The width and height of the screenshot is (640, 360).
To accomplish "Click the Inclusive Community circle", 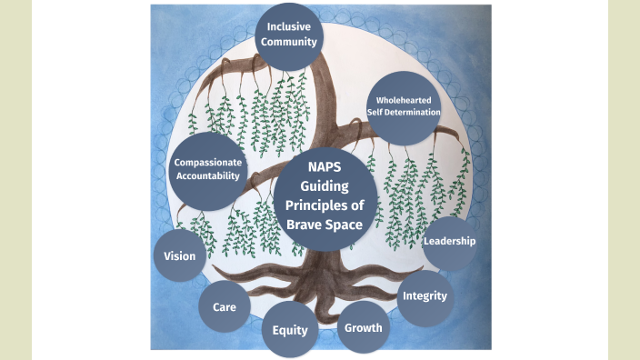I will [291, 35].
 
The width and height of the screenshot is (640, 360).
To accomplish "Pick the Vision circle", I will [180, 255].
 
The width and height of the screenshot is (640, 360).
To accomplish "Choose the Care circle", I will [225, 306].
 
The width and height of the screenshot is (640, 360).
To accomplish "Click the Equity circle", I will [290, 329].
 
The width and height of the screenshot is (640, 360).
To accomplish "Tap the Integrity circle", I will [425, 296].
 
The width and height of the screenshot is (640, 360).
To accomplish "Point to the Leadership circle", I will [450, 241].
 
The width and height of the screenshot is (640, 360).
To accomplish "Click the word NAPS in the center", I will [323, 167].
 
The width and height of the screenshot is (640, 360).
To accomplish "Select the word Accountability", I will [207, 176].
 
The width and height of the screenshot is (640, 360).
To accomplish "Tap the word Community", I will [291, 42].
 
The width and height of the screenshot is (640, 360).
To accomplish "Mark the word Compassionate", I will [207, 163].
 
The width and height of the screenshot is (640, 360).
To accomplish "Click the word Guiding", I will [324, 185].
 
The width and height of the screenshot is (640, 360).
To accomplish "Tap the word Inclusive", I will [291, 26].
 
